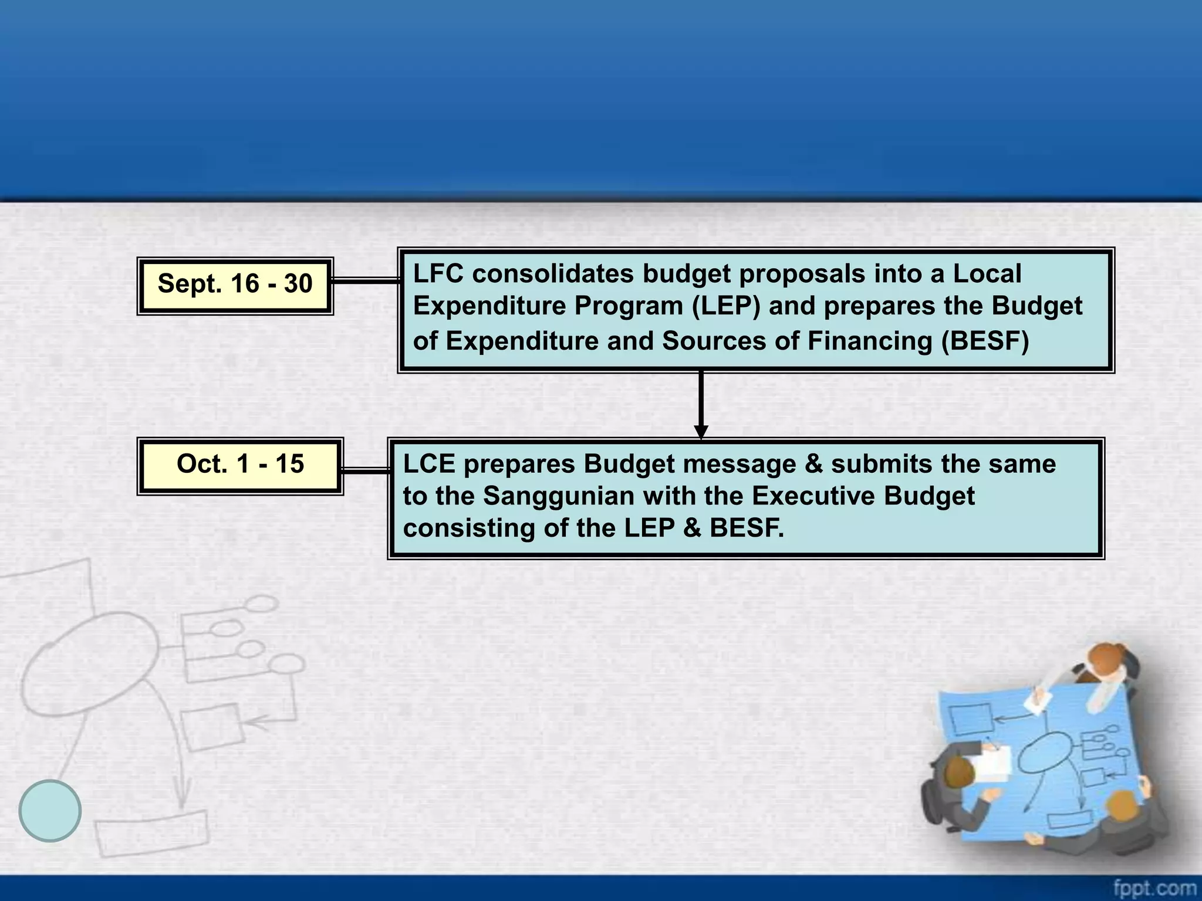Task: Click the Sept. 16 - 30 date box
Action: tap(235, 286)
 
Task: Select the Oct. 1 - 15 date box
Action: tap(240, 466)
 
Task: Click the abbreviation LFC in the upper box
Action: tap(438, 274)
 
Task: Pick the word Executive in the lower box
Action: tap(813, 496)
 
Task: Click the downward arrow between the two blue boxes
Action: tap(701, 405)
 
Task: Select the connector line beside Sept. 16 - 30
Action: tap(365, 282)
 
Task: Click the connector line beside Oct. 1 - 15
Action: tap(365, 470)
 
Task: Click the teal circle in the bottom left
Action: tap(50, 811)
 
